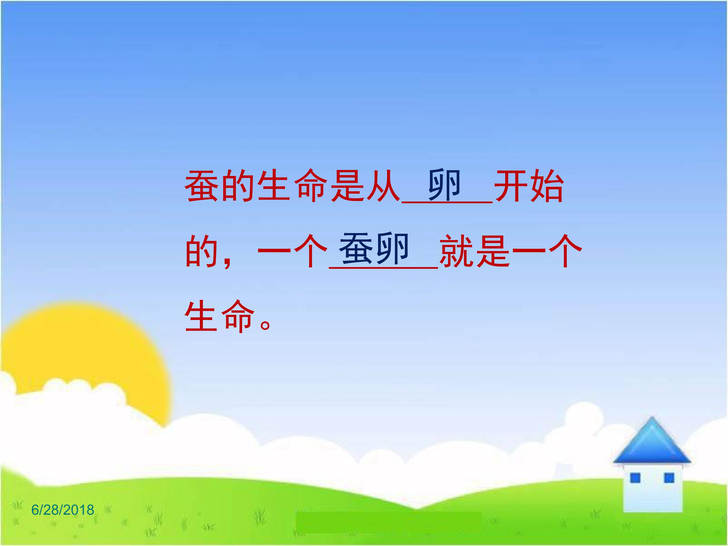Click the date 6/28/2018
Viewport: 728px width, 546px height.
(62, 510)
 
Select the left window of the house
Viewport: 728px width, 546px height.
(635, 487)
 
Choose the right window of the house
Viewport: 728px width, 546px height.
(669, 487)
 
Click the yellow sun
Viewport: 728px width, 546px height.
(82, 355)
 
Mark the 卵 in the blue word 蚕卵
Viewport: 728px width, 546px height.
(392, 249)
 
